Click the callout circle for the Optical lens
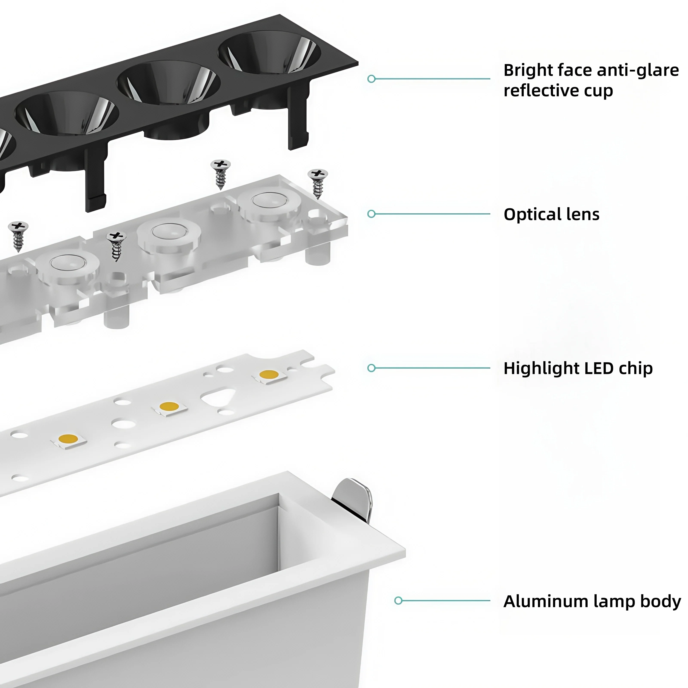point(372,214)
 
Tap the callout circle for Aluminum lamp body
point(398,601)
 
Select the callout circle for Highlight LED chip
point(372,368)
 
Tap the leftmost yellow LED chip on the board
point(68,439)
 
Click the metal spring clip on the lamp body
point(352,499)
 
